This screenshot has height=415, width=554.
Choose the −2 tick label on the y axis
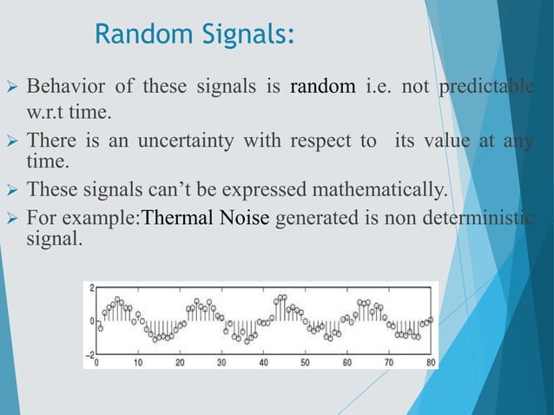pyautogui.click(x=89, y=354)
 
